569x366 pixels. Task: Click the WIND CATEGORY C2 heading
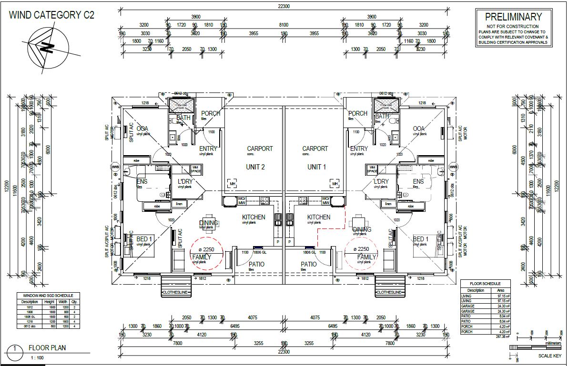tap(51, 15)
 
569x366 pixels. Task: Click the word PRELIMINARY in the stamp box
tap(513, 17)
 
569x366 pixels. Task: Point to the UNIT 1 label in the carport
tap(314, 167)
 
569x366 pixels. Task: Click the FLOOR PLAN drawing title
tap(47, 348)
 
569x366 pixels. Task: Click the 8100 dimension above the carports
tap(284, 25)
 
